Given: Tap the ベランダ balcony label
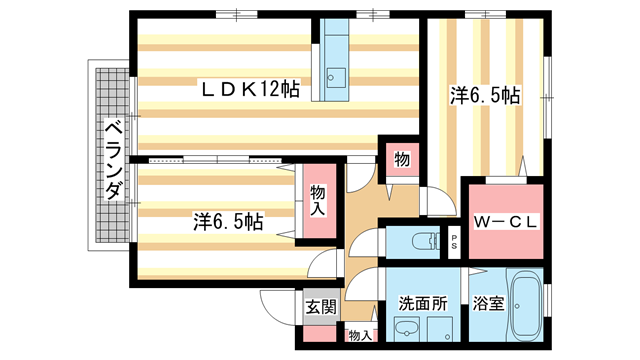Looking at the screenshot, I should pyautogui.click(x=113, y=160).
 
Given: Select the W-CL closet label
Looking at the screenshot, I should pyautogui.click(x=506, y=222).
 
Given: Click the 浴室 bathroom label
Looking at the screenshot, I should pyautogui.click(x=487, y=303).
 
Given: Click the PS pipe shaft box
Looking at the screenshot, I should pyautogui.click(x=454, y=241).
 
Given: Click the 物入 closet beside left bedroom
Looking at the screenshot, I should pyautogui.click(x=317, y=201).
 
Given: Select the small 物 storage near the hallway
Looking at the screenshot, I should pyautogui.click(x=402, y=160).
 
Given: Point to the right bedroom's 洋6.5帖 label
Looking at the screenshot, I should pyautogui.click(x=484, y=96).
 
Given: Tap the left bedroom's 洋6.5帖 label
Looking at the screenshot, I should pyautogui.click(x=229, y=221).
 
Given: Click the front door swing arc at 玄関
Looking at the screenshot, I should pyautogui.click(x=275, y=305).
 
